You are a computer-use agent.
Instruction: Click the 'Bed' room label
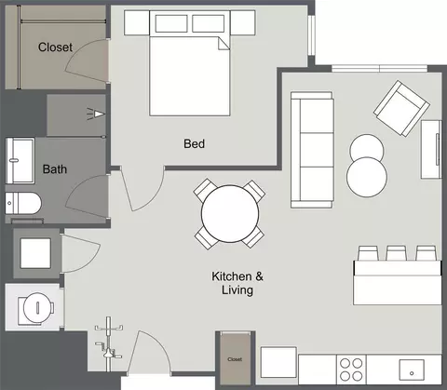(x=194, y=143)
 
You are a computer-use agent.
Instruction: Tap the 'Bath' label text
(x=55, y=169)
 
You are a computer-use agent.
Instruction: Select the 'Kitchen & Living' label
(x=237, y=283)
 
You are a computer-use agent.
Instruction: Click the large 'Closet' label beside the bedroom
(x=55, y=47)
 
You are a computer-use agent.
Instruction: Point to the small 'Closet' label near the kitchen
(x=235, y=359)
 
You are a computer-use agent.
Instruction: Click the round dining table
(x=230, y=214)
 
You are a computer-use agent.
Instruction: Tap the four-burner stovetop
(x=351, y=370)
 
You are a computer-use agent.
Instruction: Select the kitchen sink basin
(x=412, y=370)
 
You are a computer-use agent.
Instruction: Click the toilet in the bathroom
(x=23, y=203)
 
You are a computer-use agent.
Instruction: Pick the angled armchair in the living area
(x=401, y=109)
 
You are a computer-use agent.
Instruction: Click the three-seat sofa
(x=312, y=150)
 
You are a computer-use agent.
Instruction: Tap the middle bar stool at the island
(x=396, y=253)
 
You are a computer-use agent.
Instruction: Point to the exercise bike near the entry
(x=108, y=343)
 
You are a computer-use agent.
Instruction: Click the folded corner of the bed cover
(x=223, y=44)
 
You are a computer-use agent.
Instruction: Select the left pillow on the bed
(x=171, y=23)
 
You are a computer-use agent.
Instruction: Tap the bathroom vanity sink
(x=20, y=161)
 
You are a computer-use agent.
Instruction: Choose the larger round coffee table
(x=367, y=177)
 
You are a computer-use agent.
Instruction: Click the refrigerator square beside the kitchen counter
(x=278, y=362)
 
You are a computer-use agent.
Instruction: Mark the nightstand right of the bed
(x=243, y=22)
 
